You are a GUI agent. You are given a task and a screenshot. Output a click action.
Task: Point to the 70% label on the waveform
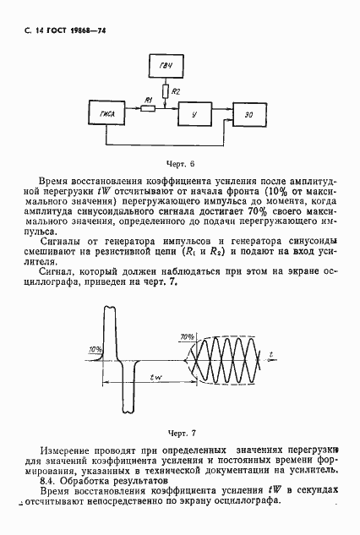[x=187, y=336]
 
